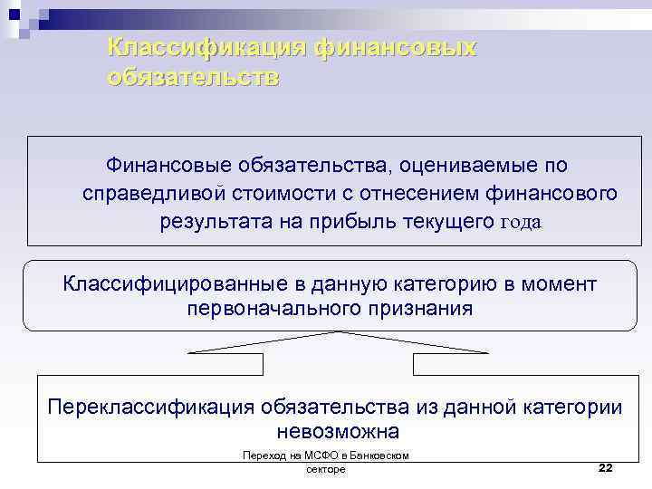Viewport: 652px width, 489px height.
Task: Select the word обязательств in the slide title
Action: click(193, 76)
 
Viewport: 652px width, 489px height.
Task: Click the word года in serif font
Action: click(521, 223)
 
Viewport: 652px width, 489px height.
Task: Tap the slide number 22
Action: click(605, 467)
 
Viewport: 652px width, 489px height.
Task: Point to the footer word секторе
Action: click(326, 470)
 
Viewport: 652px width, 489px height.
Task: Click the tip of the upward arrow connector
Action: click(337, 332)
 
